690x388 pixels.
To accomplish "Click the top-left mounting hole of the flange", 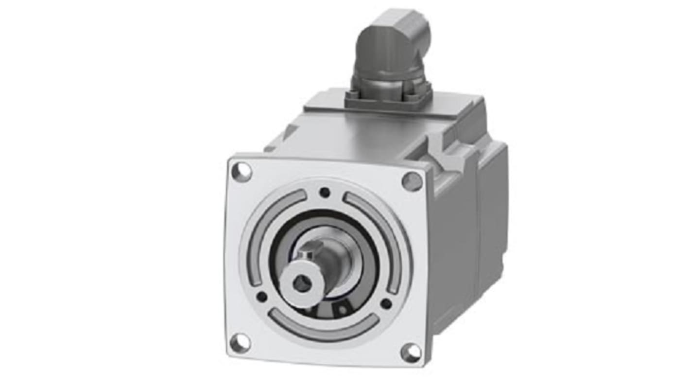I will tap(241, 172).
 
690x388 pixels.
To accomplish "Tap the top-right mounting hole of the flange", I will tap(412, 181).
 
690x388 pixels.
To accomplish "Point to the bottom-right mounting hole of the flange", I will tap(411, 352).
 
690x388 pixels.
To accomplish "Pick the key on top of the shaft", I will tap(306, 256).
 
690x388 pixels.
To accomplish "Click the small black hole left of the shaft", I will tap(261, 296).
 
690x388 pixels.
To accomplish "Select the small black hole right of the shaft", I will tap(386, 304).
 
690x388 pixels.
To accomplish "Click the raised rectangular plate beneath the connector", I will tap(330, 105).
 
